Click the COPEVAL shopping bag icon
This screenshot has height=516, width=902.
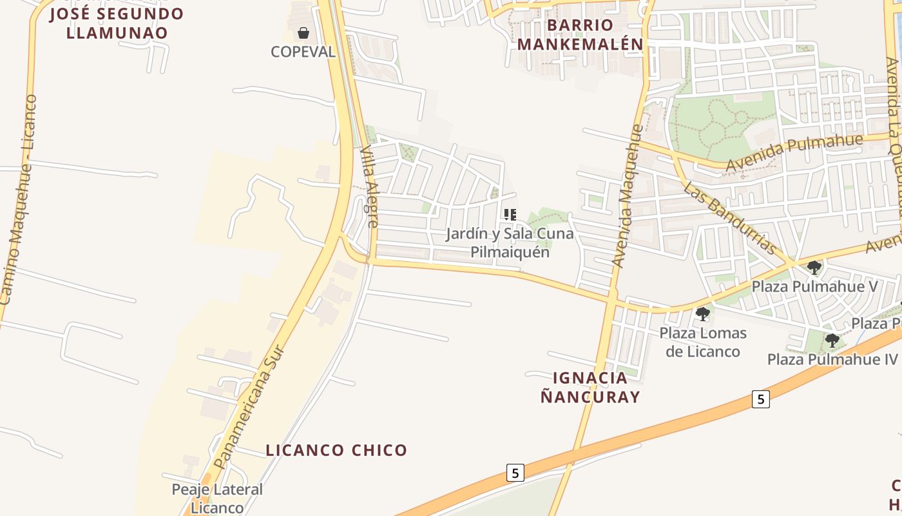tap(303, 32)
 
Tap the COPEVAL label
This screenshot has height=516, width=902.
tap(303, 52)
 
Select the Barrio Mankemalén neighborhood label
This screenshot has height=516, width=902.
tap(580, 35)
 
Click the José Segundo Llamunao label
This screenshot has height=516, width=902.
tap(117, 23)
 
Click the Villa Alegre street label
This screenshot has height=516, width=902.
tap(369, 186)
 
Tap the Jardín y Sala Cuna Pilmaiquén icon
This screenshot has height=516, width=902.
tap(510, 214)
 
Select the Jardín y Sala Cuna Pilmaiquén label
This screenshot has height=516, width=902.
tap(510, 243)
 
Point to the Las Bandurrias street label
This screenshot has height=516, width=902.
tap(729, 217)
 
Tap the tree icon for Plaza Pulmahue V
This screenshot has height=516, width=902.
tap(814, 267)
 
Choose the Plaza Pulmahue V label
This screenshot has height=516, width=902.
tap(815, 286)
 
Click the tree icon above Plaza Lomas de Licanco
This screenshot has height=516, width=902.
tap(703, 314)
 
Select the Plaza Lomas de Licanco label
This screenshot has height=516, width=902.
tap(703, 342)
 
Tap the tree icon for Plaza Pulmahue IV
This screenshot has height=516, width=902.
tap(832, 340)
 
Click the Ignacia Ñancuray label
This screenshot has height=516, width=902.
tap(590, 387)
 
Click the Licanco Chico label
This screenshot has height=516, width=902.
tap(336, 450)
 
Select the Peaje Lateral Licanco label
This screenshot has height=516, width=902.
tap(217, 499)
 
